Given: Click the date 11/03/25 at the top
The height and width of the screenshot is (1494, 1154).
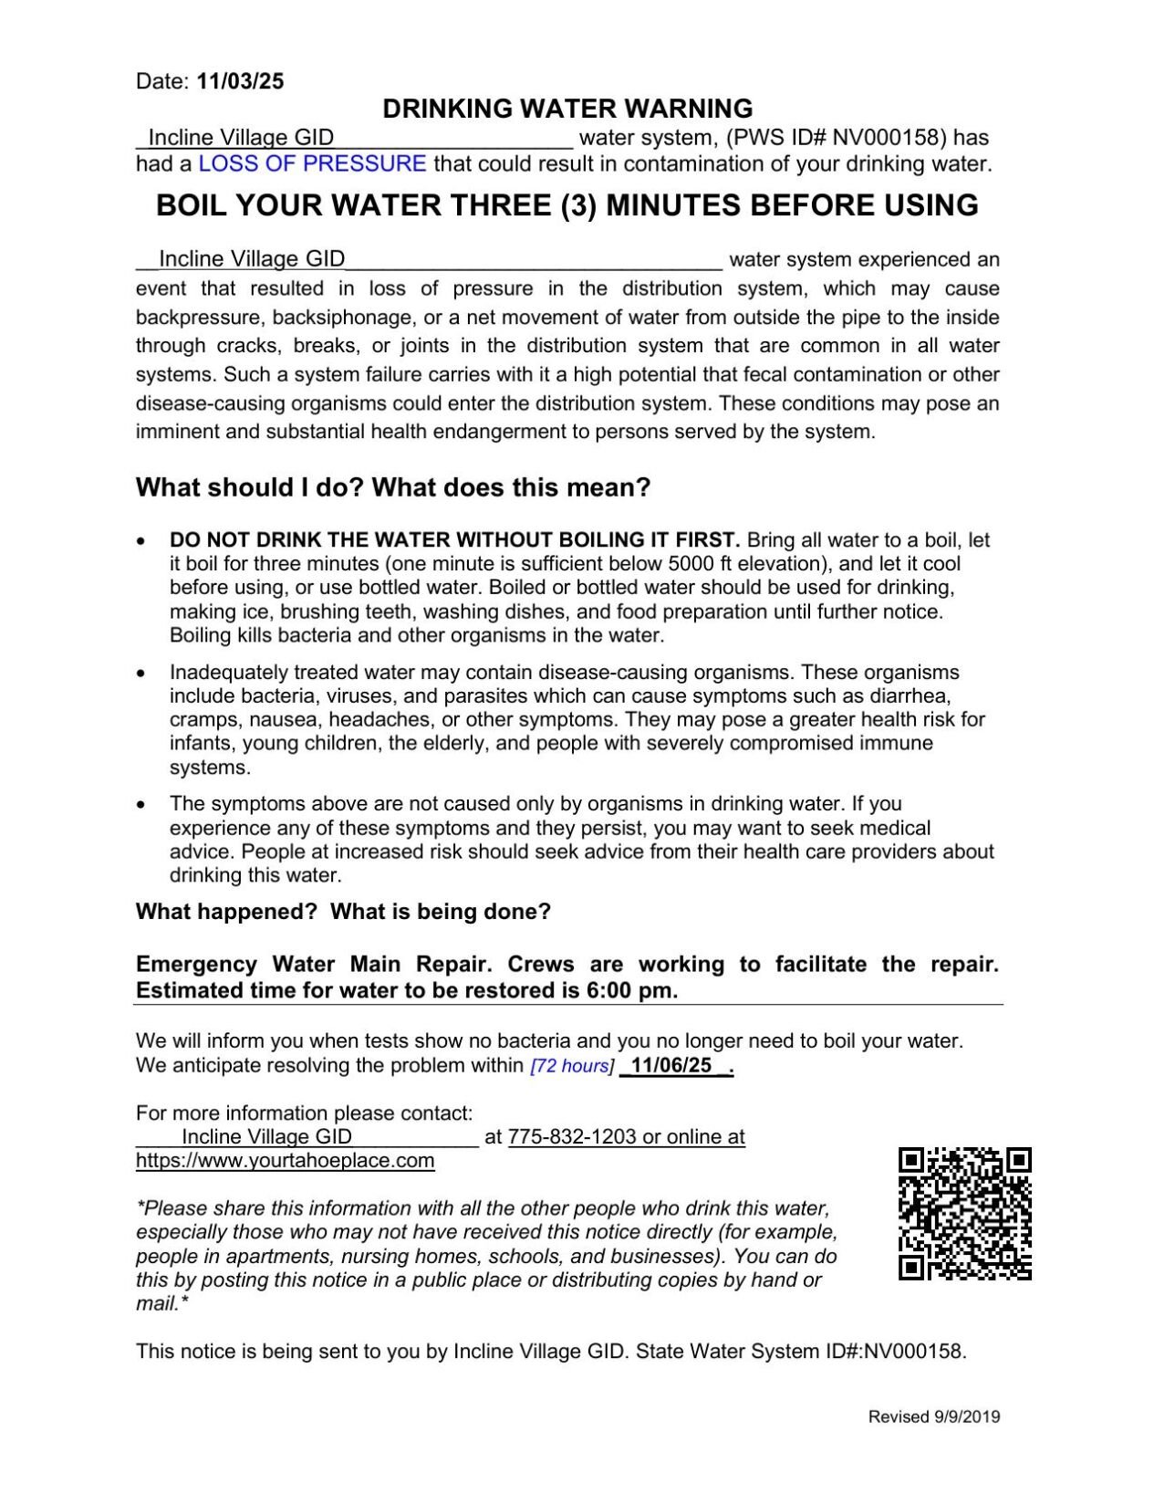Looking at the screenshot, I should [241, 81].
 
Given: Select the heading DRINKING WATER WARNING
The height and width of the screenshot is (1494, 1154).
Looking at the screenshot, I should [567, 109].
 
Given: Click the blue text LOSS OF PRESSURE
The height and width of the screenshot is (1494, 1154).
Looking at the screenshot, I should [312, 164].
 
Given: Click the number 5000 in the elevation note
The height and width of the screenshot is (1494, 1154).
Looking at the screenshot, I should [691, 564].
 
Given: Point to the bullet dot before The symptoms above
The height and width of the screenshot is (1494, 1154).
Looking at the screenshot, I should [140, 805].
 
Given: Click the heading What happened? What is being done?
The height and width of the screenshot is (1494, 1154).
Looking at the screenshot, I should [343, 912].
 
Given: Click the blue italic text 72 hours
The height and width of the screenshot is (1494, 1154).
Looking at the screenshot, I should [571, 1066].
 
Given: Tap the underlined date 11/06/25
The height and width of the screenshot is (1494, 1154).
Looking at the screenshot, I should [671, 1066].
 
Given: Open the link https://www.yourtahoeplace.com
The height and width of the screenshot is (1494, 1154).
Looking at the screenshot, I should [285, 1161].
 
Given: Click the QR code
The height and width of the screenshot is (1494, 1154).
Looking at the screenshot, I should [964, 1213].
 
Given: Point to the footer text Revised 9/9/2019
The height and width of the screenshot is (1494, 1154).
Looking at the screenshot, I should [933, 1417].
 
